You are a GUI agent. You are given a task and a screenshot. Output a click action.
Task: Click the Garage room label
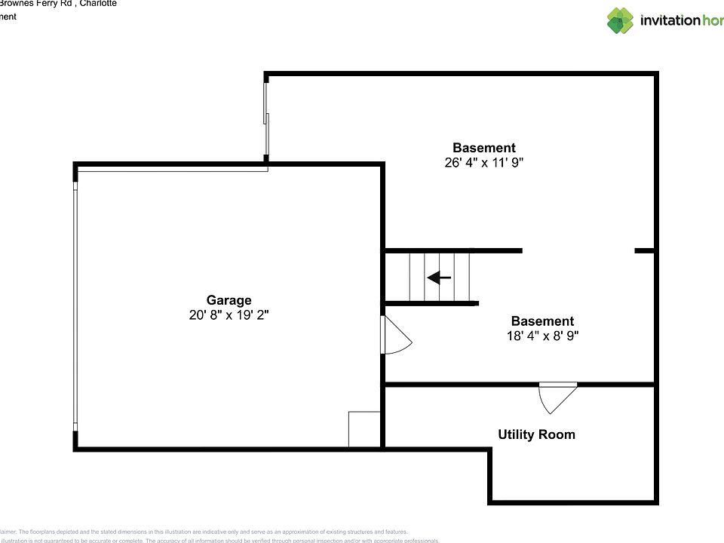[229, 300]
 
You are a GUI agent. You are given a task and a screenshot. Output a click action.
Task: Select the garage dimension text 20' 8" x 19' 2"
[229, 316]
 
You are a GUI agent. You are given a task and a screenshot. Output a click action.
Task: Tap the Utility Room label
[536, 434]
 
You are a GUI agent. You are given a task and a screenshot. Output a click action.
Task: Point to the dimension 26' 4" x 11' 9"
[483, 162]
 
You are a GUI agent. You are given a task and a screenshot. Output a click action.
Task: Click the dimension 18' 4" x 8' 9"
[542, 336]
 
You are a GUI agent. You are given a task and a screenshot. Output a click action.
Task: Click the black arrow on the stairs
[439, 278]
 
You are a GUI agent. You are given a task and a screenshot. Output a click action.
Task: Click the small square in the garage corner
[364, 430]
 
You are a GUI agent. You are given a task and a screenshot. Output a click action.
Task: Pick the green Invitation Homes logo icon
[620, 20]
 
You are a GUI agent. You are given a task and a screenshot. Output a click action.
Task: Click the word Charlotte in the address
[98, 3]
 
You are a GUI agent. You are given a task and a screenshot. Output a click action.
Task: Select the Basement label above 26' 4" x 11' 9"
[483, 148]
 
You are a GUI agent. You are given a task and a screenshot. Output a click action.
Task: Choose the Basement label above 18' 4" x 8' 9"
[542, 321]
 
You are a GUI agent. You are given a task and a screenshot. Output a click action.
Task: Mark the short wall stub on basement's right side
[644, 250]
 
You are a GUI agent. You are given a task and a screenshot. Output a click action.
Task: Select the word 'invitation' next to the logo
[670, 20]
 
